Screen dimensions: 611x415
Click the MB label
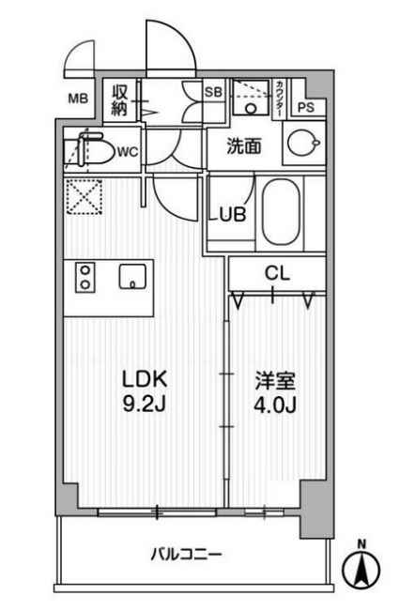pyautogui.click(x=80, y=96)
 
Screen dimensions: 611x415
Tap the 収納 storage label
pyautogui.click(x=121, y=99)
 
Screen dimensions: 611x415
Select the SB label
pyautogui.click(x=212, y=91)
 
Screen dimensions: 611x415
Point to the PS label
pyautogui.click(x=305, y=106)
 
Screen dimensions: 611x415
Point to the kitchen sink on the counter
pyautogui.click(x=131, y=276)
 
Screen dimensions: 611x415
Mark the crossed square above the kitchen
pyautogui.click(x=82, y=197)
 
